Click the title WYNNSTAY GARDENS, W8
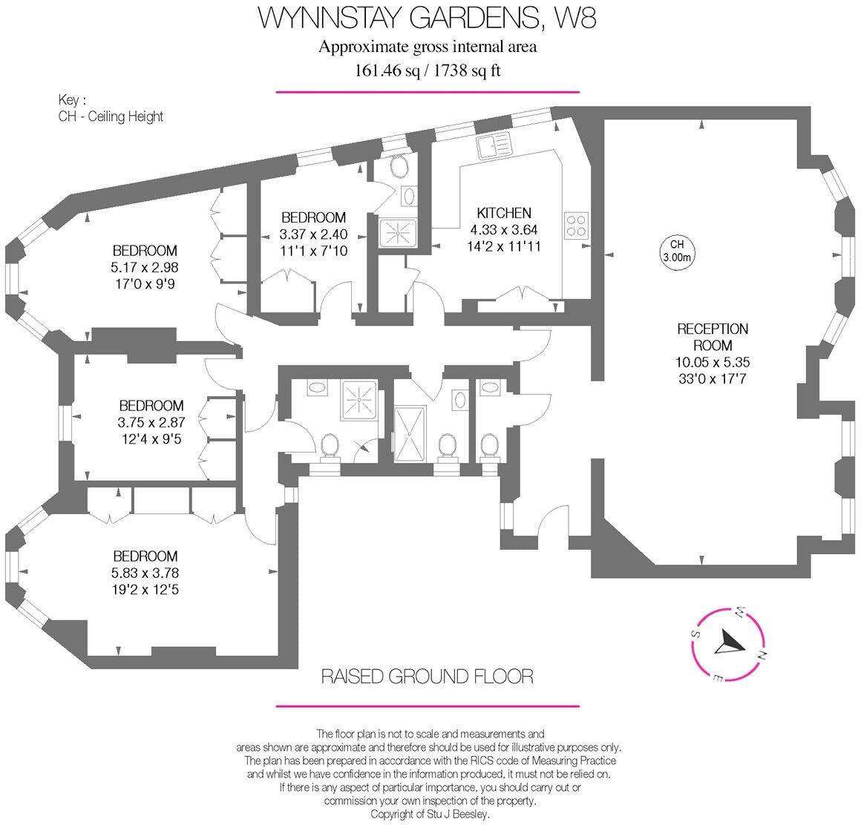point(427,18)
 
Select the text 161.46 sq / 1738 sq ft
point(427,70)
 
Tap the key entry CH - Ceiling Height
point(111,116)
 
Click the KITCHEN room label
point(503,213)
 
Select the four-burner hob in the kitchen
point(577,224)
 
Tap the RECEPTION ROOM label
point(712,337)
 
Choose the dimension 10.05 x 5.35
point(712,363)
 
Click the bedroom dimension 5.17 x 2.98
point(145,267)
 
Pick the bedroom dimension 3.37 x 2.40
point(313,234)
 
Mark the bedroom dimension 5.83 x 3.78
point(145,573)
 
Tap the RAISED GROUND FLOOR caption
point(427,676)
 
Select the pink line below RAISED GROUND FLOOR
point(427,706)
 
